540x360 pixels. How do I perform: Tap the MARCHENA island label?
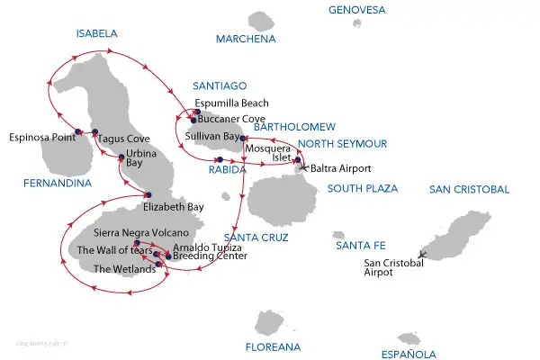pyautogui.click(x=245, y=39)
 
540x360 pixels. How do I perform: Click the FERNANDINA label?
pyautogui.click(x=59, y=184)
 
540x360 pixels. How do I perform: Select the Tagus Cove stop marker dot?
pyautogui.click(x=94, y=132)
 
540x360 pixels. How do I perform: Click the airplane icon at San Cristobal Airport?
pyautogui.click(x=420, y=255)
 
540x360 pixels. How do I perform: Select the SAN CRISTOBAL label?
pyautogui.click(x=469, y=189)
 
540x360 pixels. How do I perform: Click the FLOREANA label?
pyautogui.click(x=274, y=346)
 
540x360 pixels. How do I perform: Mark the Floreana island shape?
pyautogui.click(x=270, y=321)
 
